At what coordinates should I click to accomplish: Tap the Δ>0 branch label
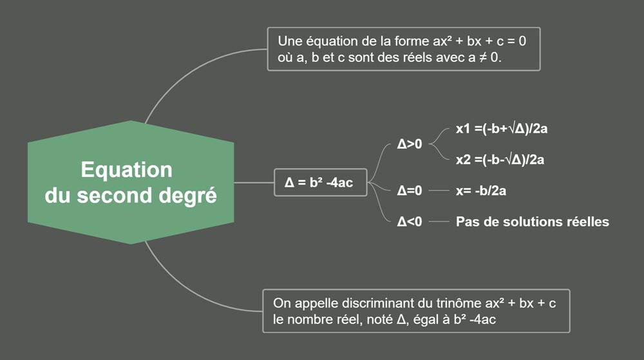pyautogui.click(x=410, y=144)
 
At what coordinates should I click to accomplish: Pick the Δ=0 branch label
pyautogui.click(x=410, y=191)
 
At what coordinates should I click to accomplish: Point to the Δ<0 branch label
pyautogui.click(x=410, y=222)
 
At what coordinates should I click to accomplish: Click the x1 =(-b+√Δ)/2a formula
pyautogui.click(x=502, y=129)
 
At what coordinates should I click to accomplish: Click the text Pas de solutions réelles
pyautogui.click(x=532, y=222)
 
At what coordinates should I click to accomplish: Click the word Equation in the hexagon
pyautogui.click(x=126, y=169)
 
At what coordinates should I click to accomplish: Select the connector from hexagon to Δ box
pyautogui.click(x=254, y=182)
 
